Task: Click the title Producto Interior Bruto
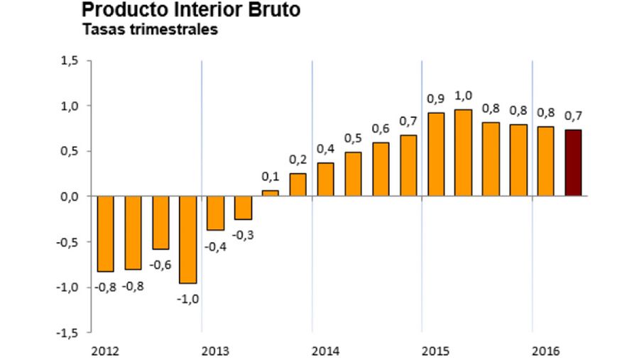pos(190,10)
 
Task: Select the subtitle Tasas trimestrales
pos(150,30)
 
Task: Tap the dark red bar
pos(573,163)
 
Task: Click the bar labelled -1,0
pos(187,239)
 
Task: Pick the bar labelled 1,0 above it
pos(463,153)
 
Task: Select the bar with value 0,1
pos(271,192)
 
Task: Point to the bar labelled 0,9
pos(435,154)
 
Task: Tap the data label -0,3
pos(243,235)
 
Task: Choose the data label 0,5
pos(353,138)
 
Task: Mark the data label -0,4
pos(216,246)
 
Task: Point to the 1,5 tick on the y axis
pos(69,61)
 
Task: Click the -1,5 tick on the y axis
pos(67,332)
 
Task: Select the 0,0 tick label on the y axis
pos(69,197)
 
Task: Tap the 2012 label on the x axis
pos(104,351)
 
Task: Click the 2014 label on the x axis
pos(325,351)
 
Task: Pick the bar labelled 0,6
pos(381,169)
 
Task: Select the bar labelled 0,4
pos(325,179)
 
